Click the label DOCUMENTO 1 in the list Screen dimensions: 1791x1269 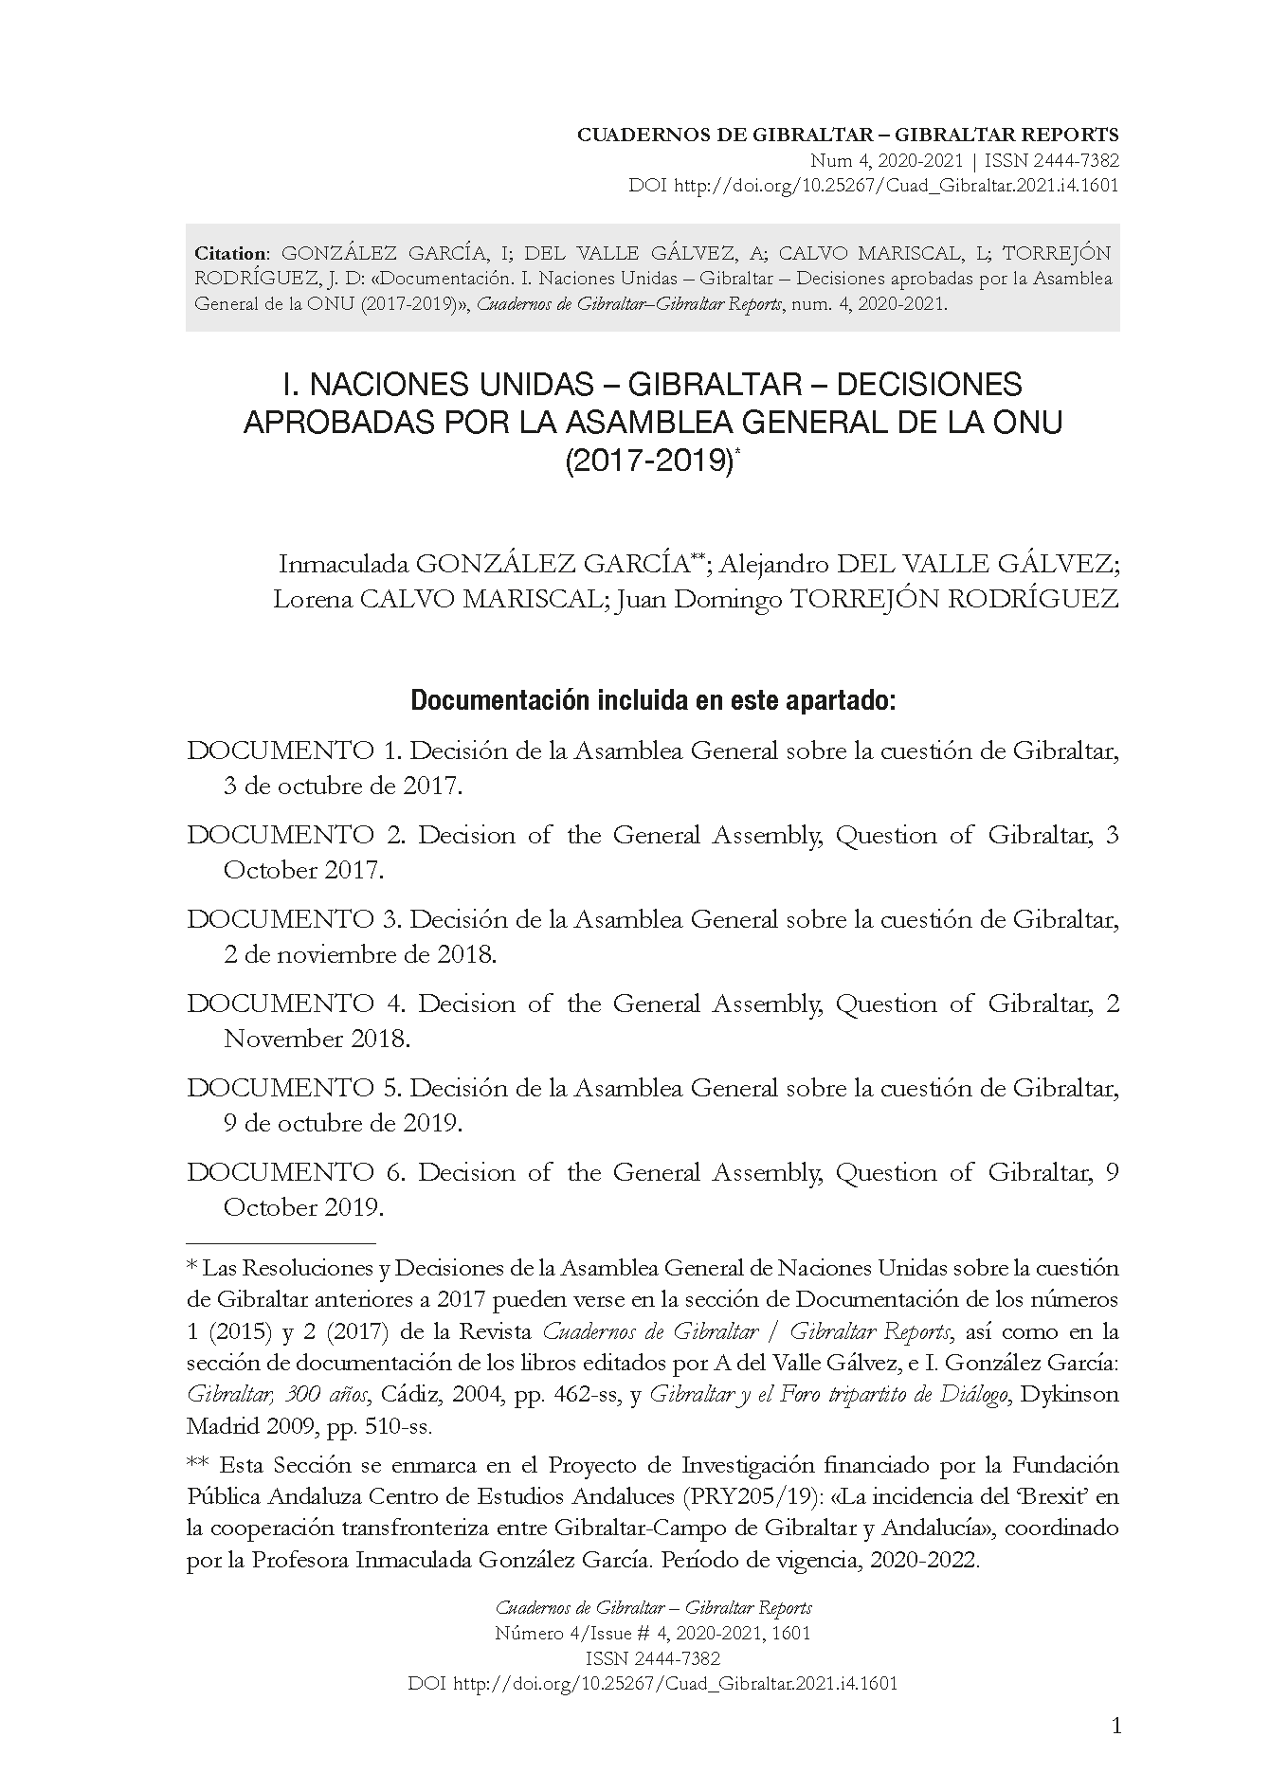(294, 751)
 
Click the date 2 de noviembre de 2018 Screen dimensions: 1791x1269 (360, 955)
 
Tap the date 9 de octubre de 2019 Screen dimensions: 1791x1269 (343, 1124)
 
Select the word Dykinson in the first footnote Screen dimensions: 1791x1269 (1072, 1395)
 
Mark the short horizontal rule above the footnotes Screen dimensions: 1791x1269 (281, 1240)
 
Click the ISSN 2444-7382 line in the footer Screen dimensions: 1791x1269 (653, 1658)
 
